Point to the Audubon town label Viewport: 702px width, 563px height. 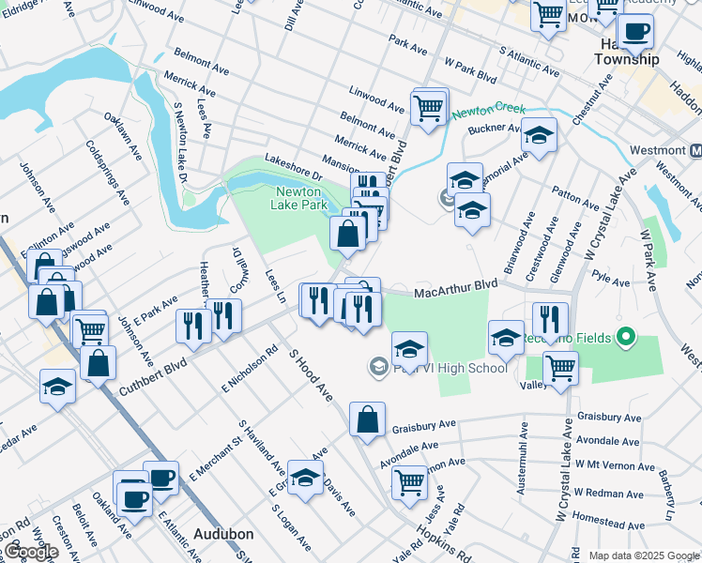click(223, 534)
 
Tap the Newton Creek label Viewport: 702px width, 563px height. click(488, 110)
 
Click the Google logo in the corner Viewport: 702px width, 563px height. click(31, 551)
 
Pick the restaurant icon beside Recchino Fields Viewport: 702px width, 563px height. click(550, 318)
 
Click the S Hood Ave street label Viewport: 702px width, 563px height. click(312, 373)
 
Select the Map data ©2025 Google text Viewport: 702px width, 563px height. click(643, 555)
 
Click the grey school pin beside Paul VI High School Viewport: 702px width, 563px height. click(379, 366)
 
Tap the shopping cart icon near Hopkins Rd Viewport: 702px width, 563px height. click(409, 482)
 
